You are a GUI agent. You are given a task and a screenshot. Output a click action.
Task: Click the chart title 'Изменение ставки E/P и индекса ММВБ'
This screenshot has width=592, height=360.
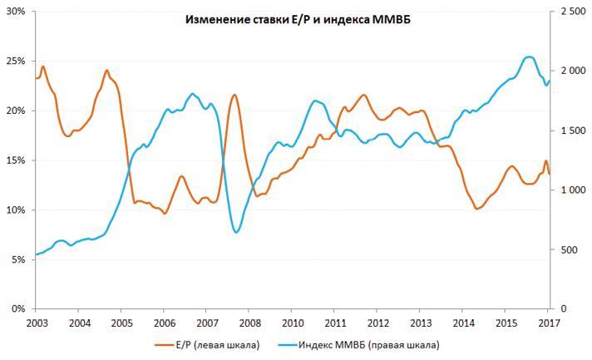(x=297, y=19)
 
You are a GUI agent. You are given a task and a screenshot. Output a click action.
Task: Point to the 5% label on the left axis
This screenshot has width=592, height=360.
(x=16, y=259)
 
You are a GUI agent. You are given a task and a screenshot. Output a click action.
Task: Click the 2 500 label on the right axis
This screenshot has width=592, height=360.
(x=573, y=12)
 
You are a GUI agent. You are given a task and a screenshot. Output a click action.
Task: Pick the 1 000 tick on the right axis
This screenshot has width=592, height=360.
(x=573, y=190)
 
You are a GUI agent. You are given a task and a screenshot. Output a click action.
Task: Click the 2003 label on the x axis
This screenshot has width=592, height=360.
(x=36, y=322)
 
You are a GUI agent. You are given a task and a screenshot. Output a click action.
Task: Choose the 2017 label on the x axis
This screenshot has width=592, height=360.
(x=549, y=322)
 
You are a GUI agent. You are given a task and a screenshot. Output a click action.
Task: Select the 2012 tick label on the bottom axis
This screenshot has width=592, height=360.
(x=377, y=322)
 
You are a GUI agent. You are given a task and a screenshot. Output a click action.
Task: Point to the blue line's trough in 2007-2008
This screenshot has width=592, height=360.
(x=237, y=232)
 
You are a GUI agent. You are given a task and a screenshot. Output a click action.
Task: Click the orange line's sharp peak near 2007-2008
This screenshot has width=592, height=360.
(x=234, y=95)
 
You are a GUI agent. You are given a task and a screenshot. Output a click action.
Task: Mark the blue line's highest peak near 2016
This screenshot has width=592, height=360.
(x=530, y=57)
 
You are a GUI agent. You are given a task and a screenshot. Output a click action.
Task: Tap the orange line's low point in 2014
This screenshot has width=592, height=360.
(x=477, y=209)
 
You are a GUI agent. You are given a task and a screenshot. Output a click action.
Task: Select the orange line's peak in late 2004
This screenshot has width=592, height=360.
(x=107, y=71)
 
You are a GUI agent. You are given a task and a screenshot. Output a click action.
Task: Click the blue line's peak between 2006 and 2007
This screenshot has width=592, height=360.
(x=193, y=94)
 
